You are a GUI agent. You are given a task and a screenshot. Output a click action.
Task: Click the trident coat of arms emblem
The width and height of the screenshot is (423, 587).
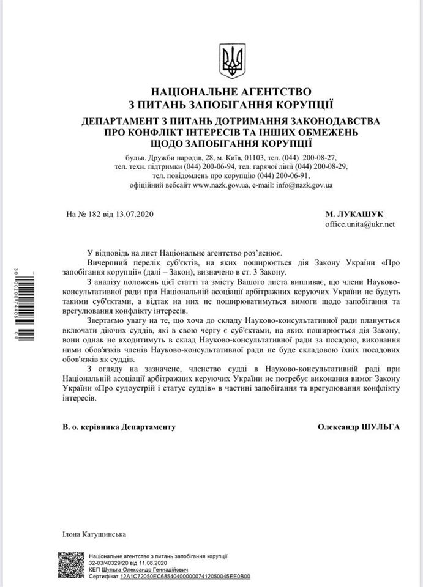pos(231,61)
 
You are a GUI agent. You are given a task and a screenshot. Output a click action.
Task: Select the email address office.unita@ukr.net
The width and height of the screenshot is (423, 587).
pos(360,224)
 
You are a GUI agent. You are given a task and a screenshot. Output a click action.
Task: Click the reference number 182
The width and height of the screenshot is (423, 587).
pos(95,215)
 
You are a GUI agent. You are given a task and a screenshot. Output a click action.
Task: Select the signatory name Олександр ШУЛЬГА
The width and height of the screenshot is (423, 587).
pos(359,427)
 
